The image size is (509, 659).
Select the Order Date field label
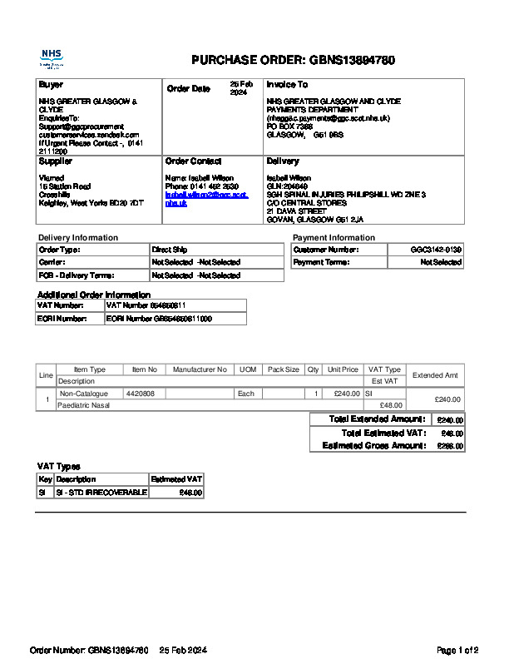[189, 88]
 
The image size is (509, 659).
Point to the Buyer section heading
[51, 85]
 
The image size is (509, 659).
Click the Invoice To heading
[287, 85]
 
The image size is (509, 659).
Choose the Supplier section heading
[56, 161]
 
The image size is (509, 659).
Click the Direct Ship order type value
[170, 250]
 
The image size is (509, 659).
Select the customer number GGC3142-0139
[436, 250]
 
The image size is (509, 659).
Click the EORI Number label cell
[62, 319]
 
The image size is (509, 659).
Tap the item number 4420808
[140, 394]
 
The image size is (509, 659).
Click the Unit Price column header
[343, 369]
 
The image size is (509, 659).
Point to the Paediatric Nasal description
[84, 405]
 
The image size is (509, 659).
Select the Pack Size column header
[283, 369]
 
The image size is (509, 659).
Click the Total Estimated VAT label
[383, 433]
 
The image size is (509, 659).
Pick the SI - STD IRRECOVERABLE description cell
[101, 493]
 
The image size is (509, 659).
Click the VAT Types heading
[59, 467]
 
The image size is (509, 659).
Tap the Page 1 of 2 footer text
[457, 650]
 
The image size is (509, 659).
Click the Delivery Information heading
[78, 238]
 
